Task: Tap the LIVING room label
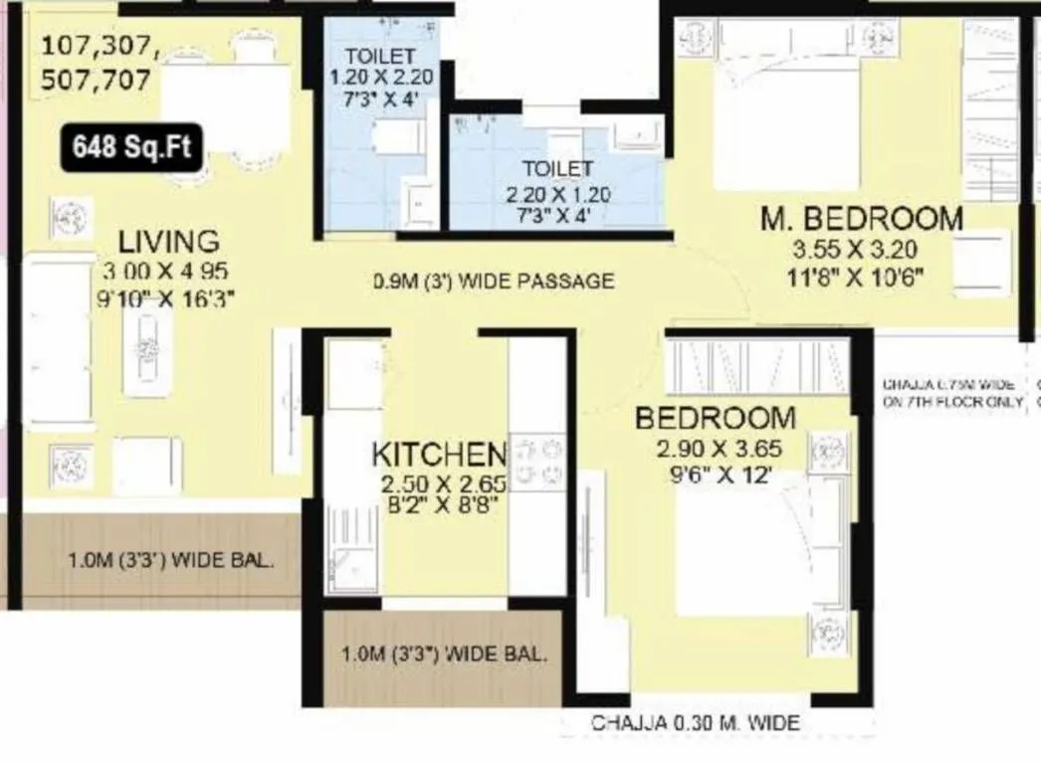click(x=168, y=241)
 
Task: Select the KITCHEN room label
click(x=439, y=455)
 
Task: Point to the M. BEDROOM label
click(x=861, y=219)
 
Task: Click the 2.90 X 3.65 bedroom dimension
click(x=715, y=448)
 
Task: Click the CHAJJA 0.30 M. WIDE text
click(x=695, y=723)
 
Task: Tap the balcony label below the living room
click(x=170, y=560)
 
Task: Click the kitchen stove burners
click(x=537, y=463)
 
